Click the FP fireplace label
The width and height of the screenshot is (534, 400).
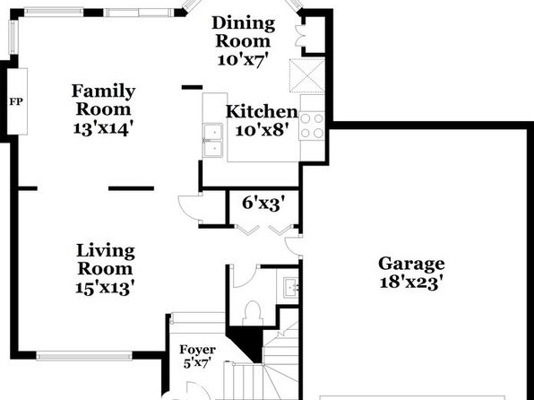tap(16, 101)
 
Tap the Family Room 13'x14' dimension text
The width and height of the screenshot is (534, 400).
tap(102, 128)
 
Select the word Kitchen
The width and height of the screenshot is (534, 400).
tap(262, 112)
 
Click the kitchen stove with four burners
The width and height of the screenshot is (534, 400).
tap(312, 126)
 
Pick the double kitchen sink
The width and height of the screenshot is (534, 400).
tap(213, 141)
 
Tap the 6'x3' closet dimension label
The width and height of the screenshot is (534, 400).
tap(263, 204)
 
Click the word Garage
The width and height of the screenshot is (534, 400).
tap(411, 264)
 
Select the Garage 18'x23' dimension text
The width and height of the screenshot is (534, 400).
tap(412, 283)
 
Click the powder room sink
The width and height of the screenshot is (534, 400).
tap(291, 286)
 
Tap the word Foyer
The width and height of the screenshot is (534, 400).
tap(197, 350)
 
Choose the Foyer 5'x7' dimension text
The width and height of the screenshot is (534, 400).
tap(195, 363)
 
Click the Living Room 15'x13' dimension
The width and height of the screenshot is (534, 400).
tap(103, 288)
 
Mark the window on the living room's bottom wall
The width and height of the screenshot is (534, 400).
tap(84, 356)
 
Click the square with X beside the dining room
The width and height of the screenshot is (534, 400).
tap(306, 75)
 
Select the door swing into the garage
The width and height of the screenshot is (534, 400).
tap(294, 247)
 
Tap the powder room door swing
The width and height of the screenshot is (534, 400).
tap(244, 276)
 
